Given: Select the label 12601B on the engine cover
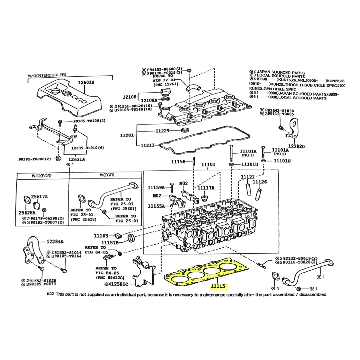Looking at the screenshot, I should click(86, 82).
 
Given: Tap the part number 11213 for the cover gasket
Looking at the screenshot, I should click(148, 145).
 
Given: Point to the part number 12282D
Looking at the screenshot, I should click(297, 146).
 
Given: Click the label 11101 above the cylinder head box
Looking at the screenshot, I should click(208, 164).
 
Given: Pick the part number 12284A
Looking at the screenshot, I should click(55, 241).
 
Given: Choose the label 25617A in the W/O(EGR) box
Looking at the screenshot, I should click(39, 197).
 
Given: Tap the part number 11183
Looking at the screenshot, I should click(101, 235).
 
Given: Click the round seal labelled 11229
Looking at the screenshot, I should click(184, 129).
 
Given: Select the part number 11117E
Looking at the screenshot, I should click(206, 188).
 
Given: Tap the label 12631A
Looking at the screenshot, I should click(77, 159).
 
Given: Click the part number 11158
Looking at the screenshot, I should click(178, 162).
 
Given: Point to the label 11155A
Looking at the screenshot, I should click(156, 206).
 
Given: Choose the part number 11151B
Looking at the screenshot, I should click(110, 242).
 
